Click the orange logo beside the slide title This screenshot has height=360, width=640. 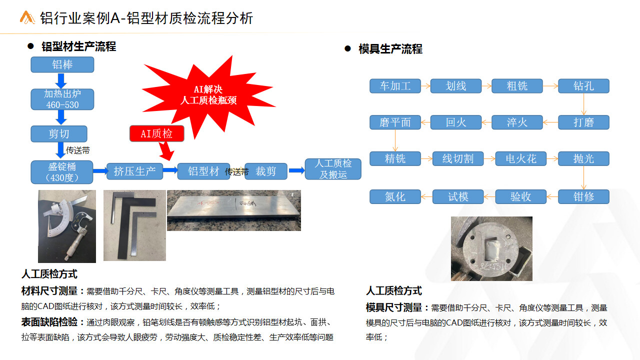27,17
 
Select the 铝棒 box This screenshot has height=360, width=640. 62,64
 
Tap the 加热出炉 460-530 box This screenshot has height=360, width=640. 62,99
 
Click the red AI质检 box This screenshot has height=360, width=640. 156,133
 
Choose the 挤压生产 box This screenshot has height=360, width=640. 134,171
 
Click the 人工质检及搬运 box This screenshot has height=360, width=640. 333,169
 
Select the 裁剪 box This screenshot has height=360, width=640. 265,171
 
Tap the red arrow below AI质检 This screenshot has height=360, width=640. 166,151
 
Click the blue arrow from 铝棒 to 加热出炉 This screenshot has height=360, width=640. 61,81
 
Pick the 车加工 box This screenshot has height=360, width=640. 395,86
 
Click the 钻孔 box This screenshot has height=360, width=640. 583,86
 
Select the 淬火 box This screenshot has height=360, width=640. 517,122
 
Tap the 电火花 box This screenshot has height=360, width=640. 521,158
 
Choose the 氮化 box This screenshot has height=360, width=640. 395,196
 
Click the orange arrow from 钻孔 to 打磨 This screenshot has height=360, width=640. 583,104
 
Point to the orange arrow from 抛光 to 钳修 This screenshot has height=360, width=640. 583,177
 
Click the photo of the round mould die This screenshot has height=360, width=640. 491,248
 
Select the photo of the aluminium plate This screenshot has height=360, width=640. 233,210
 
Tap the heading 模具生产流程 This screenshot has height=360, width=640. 390,49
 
